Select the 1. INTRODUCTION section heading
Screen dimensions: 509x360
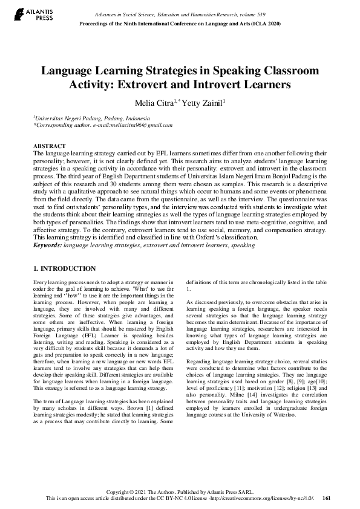point(64,268)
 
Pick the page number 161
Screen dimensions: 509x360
point(327,499)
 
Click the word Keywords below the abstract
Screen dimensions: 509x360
point(47,263)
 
